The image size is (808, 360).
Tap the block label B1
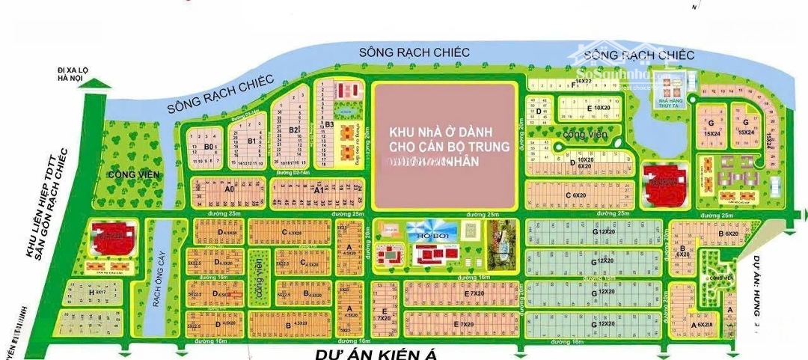[x=251, y=140]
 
